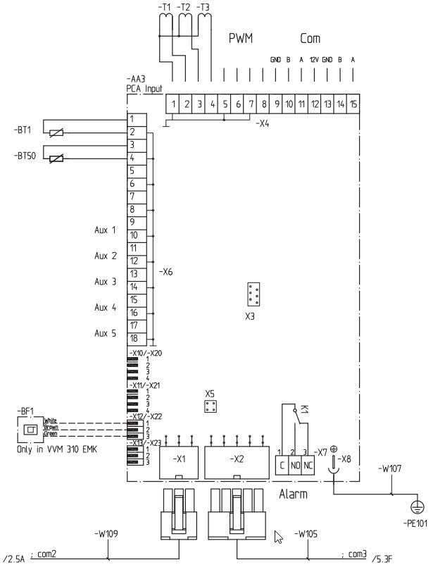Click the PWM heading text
tap(239, 40)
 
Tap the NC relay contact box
tap(307, 466)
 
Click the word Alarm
tap(292, 494)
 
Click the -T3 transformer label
tap(203, 8)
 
